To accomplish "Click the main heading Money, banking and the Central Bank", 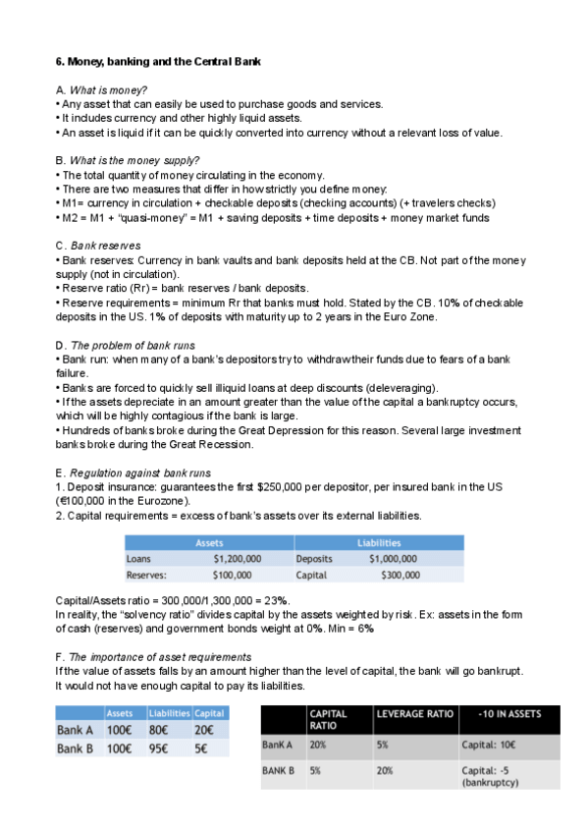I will [x=157, y=62].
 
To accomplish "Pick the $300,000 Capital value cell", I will [x=400, y=576].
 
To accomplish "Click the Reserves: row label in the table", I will [x=146, y=576].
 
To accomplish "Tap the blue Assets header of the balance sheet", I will [x=209, y=542].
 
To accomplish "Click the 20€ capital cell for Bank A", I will [x=204, y=730].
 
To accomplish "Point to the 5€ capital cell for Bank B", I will [x=201, y=749].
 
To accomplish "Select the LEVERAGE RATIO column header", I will [x=413, y=714].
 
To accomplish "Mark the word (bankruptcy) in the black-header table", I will [x=490, y=782].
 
